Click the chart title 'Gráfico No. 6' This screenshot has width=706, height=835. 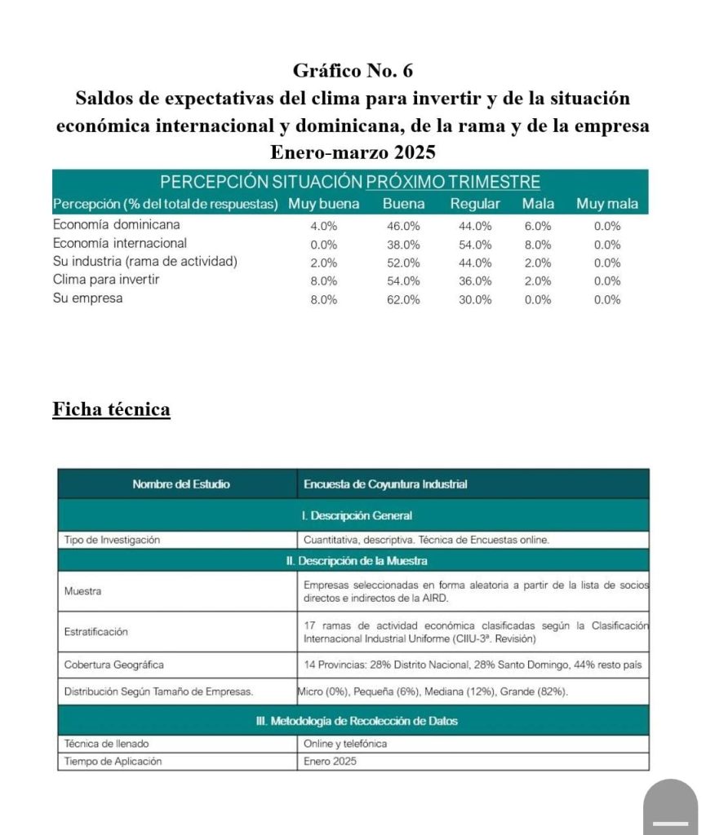(x=353, y=71)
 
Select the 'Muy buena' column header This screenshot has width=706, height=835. (x=323, y=204)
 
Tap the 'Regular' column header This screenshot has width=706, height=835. (x=475, y=204)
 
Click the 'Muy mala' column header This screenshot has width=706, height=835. (x=607, y=204)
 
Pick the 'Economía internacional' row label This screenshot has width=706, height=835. (x=120, y=243)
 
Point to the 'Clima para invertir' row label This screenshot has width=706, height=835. (x=106, y=280)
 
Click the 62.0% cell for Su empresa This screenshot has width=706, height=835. (x=403, y=299)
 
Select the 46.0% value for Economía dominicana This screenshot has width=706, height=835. (x=403, y=226)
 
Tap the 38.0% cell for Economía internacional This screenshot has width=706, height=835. (x=403, y=244)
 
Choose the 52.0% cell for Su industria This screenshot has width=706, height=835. (x=403, y=263)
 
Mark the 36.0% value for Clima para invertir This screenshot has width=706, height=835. (x=476, y=281)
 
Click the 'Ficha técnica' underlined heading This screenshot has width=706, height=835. (x=112, y=409)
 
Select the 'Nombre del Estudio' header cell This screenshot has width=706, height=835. (x=181, y=484)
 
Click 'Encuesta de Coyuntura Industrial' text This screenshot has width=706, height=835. (x=385, y=484)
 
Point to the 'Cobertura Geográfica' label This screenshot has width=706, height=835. (x=114, y=665)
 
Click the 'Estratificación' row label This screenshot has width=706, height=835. (x=96, y=631)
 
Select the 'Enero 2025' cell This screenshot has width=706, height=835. (x=330, y=762)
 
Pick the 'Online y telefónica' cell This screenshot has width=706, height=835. (x=345, y=744)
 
